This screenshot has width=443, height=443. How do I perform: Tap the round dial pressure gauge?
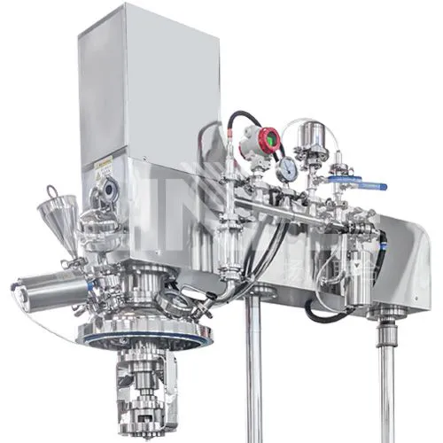pyautogui.click(x=286, y=171)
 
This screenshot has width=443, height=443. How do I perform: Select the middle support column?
pyautogui.click(x=253, y=372)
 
